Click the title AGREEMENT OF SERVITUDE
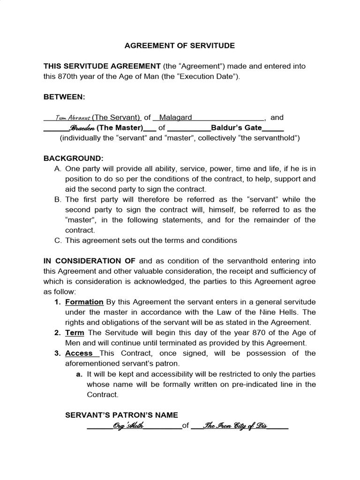tap(180, 46)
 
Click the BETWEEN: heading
tap(64, 97)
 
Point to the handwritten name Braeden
tap(82, 128)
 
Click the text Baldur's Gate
tap(236, 127)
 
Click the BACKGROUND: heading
tap(73, 158)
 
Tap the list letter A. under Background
tap(58, 169)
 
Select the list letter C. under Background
tap(58, 240)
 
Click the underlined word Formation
tap(84, 302)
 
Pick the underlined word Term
tap(75, 333)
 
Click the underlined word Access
tap(78, 353)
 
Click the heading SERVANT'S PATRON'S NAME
tap(121, 415)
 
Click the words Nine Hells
tap(292, 312)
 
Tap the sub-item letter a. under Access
tap(79, 374)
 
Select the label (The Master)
tap(120, 127)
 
